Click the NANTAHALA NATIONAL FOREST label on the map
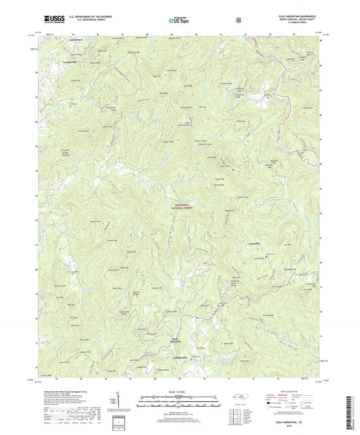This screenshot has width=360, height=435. (179, 199)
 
